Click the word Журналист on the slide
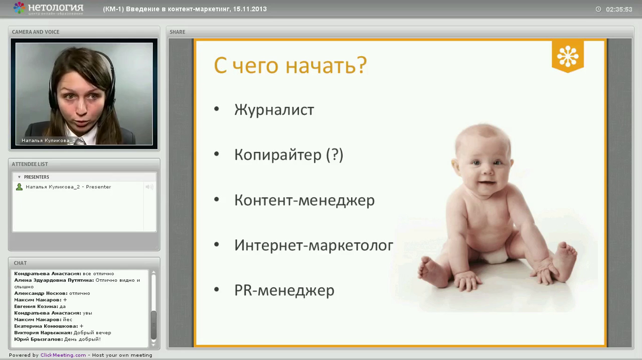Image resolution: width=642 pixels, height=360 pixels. click(x=274, y=110)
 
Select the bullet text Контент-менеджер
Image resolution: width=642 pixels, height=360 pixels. click(x=304, y=200)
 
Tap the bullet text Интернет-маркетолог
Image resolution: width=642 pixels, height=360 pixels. click(x=313, y=245)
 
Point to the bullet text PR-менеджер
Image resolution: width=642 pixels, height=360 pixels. click(x=284, y=290)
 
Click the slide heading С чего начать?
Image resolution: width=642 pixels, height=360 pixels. click(x=290, y=65)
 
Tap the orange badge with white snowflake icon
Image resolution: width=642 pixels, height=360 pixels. click(x=567, y=56)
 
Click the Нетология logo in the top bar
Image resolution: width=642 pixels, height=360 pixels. click(x=48, y=9)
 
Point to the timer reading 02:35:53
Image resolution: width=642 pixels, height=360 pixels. click(x=619, y=10)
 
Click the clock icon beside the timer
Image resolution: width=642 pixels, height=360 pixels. click(x=598, y=9)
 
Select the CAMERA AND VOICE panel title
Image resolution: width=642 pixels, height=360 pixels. click(x=36, y=32)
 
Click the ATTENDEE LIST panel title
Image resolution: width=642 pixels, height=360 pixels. click(x=30, y=164)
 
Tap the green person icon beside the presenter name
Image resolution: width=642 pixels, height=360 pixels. click(x=19, y=187)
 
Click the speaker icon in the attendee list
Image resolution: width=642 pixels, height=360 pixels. click(x=149, y=187)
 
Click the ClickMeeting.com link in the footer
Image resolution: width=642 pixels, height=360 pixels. click(x=63, y=355)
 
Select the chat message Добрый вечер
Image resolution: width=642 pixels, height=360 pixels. click(x=92, y=333)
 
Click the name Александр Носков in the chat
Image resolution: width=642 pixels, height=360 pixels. click(x=41, y=293)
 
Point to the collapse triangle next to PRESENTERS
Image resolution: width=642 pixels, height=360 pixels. click(x=19, y=177)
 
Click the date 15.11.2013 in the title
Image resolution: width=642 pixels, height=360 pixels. click(x=250, y=9)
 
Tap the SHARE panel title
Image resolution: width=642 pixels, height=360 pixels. click(x=178, y=32)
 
